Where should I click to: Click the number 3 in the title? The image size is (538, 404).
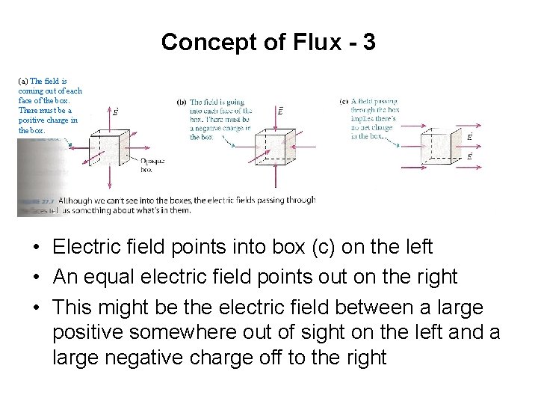[368, 42]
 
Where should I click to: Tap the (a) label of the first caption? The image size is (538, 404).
[23, 81]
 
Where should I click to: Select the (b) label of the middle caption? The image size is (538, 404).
[181, 102]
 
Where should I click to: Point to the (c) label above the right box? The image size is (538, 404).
[344, 102]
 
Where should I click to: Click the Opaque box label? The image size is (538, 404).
[152, 165]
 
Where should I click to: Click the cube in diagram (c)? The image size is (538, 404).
[438, 146]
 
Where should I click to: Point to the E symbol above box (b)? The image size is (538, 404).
[280, 111]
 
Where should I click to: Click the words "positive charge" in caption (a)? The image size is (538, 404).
[48, 120]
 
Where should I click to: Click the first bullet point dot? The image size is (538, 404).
[36, 247]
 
